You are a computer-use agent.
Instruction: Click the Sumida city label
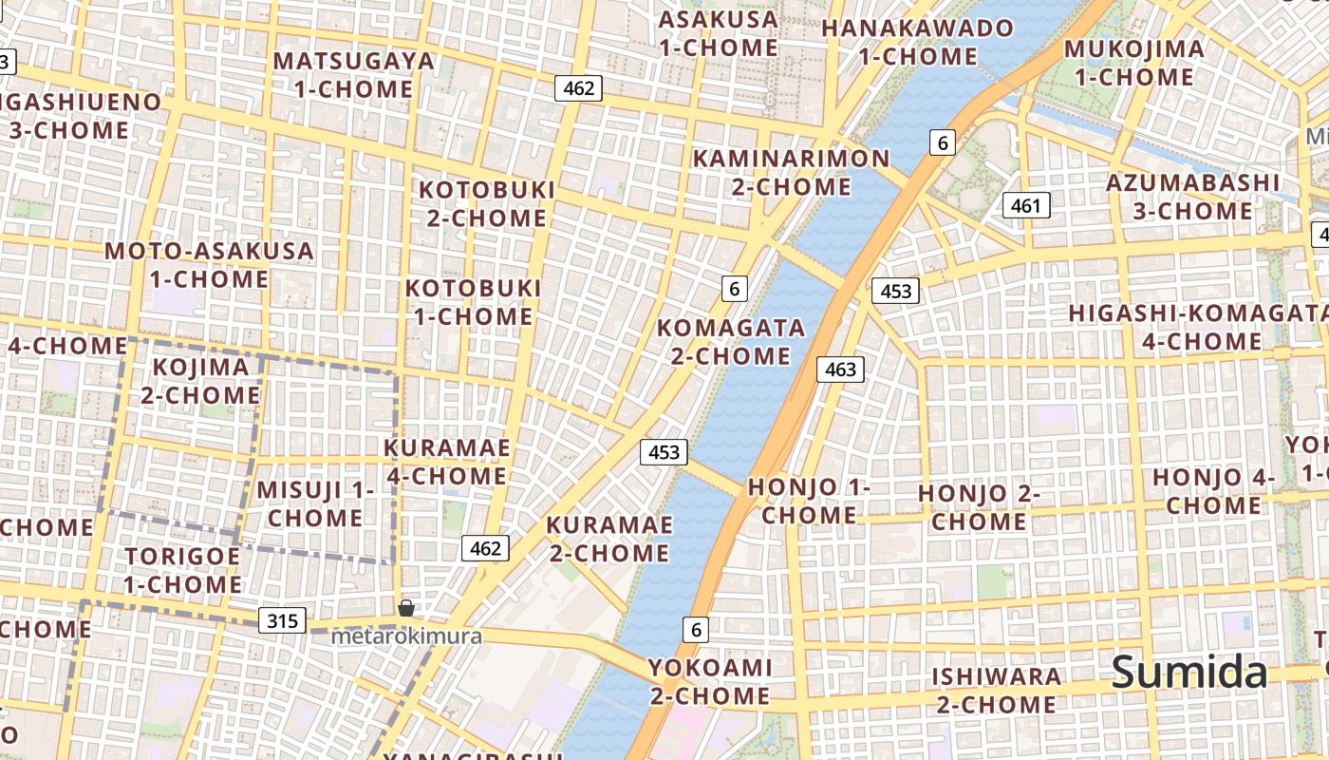(x=1189, y=673)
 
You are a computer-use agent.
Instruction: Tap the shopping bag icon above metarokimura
(x=405, y=608)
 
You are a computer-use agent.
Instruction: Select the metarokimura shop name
(x=405, y=636)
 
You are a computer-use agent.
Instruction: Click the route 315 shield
(x=282, y=621)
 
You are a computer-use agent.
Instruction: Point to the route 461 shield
(x=1025, y=205)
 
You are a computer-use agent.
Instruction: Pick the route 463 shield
(x=840, y=370)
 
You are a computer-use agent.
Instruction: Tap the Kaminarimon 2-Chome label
(x=791, y=172)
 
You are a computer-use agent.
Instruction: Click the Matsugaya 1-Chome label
(x=353, y=75)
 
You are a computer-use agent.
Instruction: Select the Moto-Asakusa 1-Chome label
(x=209, y=265)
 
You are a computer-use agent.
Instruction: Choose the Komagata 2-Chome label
(x=731, y=342)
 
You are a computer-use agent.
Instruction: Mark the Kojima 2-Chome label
(x=201, y=380)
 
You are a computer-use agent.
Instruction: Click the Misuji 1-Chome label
(x=315, y=503)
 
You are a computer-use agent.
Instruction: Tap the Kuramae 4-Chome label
(x=447, y=461)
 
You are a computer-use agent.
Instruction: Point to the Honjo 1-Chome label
(x=809, y=501)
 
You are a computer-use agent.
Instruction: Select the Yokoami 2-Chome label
(x=709, y=681)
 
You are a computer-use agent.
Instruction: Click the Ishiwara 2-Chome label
(x=996, y=690)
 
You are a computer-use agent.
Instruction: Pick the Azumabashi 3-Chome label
(x=1193, y=196)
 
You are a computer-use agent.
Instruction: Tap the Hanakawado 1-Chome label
(x=917, y=42)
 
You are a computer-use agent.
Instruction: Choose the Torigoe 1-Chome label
(x=182, y=569)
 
